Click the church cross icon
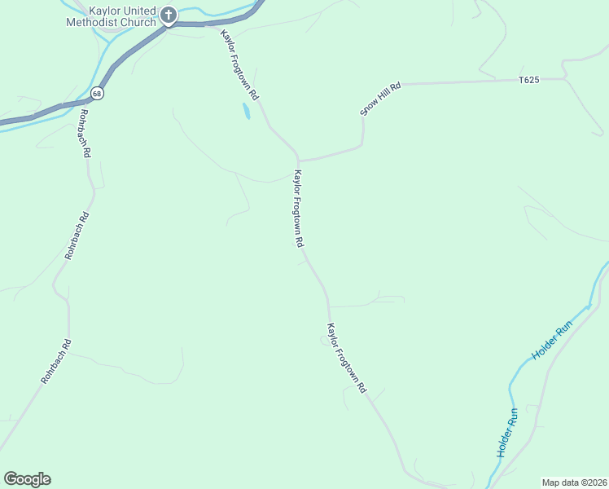(169, 14)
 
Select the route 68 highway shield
(98, 94)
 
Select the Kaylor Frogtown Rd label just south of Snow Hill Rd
(299, 209)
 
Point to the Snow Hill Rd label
(382, 99)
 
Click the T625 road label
(529, 80)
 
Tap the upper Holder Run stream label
(553, 341)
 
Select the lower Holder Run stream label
(507, 432)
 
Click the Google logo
(27, 479)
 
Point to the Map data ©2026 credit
(575, 482)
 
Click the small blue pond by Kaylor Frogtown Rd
(246, 111)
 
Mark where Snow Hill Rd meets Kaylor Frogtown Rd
(299, 158)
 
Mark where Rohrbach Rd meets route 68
(77, 104)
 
